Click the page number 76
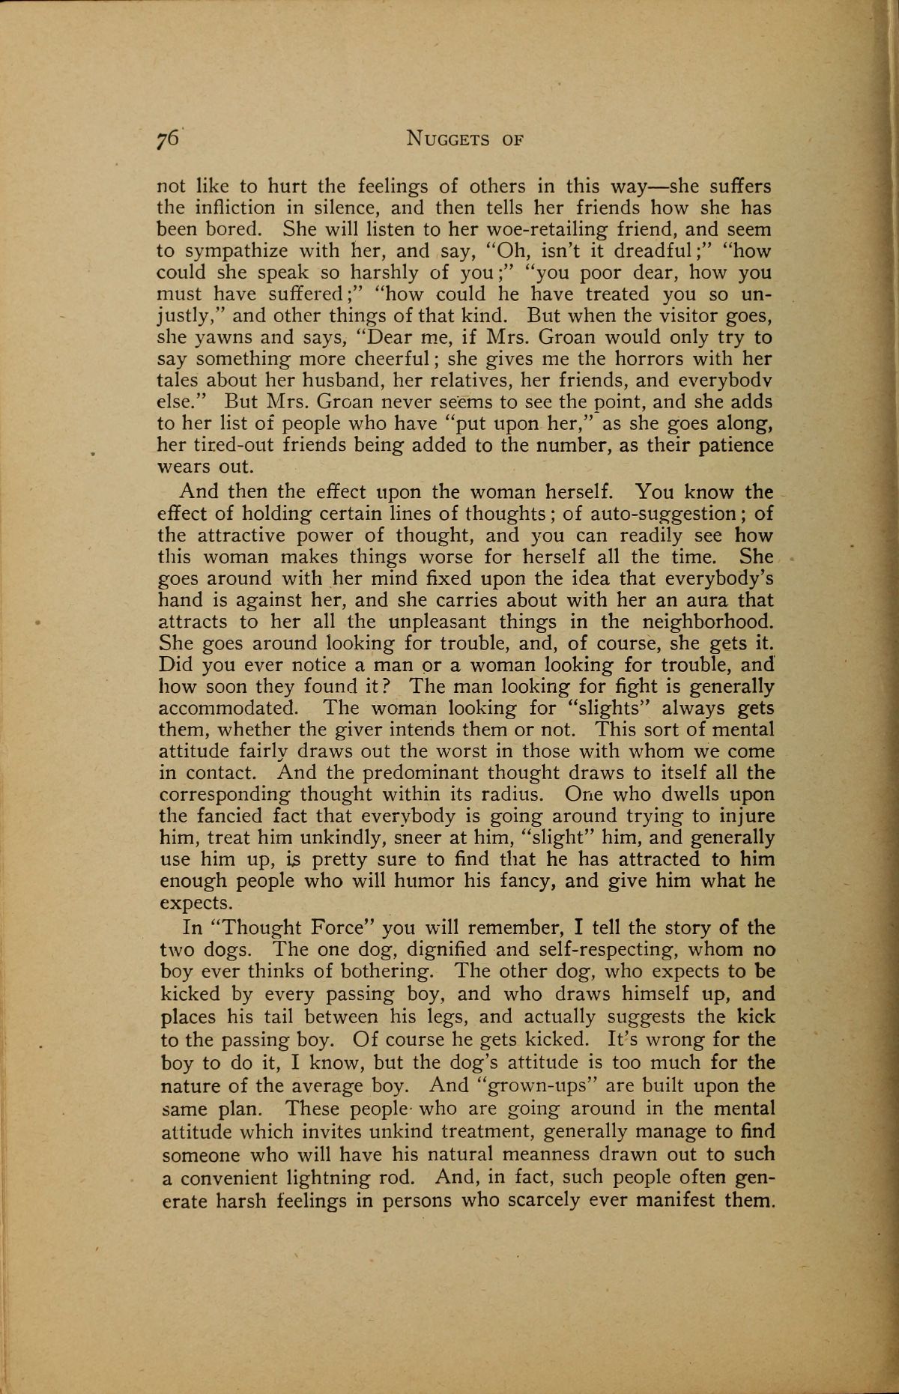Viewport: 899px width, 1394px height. [166, 139]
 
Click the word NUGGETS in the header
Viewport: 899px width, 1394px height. [447, 139]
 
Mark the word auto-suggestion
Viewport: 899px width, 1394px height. [664, 514]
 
